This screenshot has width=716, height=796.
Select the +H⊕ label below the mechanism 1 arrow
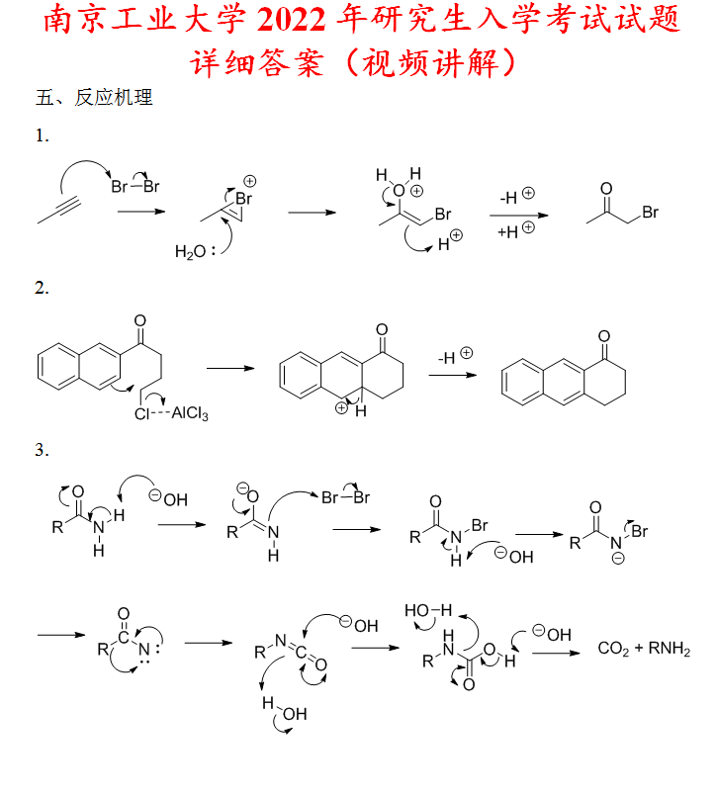[516, 230]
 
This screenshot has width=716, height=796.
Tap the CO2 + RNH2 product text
[644, 649]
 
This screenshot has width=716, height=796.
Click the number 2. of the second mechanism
[42, 289]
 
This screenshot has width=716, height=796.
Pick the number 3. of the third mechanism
[42, 450]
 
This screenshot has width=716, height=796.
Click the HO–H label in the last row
[427, 610]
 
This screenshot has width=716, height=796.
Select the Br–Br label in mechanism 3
[345, 497]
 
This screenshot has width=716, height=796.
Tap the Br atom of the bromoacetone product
[650, 212]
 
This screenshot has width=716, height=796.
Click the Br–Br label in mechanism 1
[134, 185]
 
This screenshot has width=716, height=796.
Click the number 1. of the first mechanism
[42, 135]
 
